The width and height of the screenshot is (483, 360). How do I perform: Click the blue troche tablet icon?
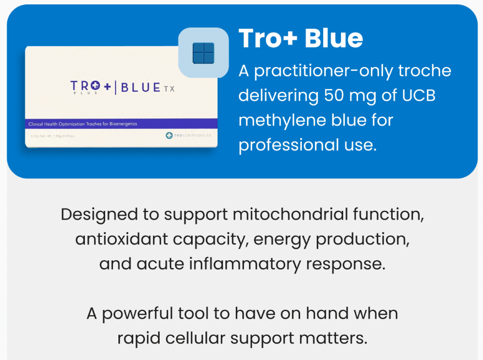[203, 53]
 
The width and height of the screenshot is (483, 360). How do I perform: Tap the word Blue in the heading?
[334, 38]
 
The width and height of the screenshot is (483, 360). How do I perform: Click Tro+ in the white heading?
[268, 38]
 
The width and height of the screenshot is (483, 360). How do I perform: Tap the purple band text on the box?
[83, 124]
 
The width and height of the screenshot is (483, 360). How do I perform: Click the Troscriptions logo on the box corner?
[188, 135]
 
